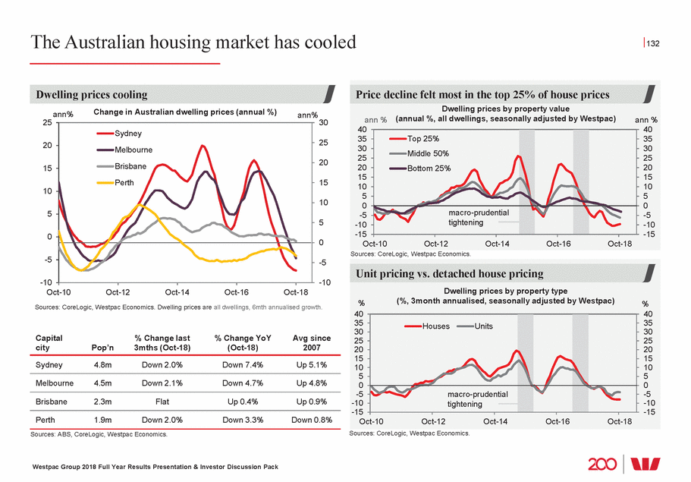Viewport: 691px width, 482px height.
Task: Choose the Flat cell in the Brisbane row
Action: (161, 401)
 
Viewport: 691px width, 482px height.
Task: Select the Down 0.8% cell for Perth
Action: (311, 420)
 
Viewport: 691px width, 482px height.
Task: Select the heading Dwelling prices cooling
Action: (93, 95)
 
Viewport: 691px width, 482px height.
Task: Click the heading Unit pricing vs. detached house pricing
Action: (449, 273)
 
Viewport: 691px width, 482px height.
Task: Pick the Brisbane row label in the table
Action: (52, 401)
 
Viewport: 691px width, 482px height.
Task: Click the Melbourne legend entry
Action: (133, 150)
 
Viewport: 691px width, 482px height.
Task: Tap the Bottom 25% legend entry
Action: (429, 168)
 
